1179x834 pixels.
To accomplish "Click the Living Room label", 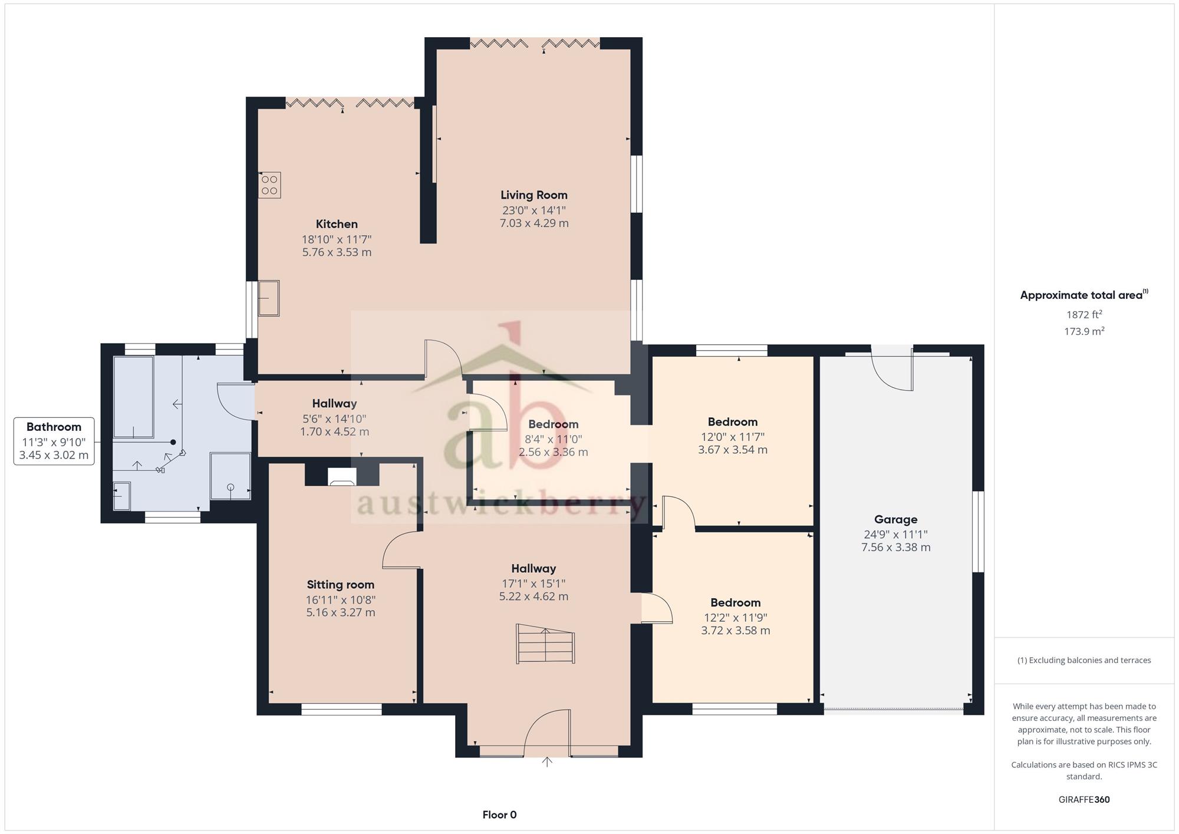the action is pos(534,195).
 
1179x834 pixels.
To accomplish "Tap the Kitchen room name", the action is pos(337,224).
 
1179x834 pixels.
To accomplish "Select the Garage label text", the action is pos(895,519).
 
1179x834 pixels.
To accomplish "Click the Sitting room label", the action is pos(340,585).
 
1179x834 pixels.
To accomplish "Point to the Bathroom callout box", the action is pos(54,441).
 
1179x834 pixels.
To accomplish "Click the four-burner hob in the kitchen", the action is pos(269,185).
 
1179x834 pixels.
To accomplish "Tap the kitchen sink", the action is pos(268,298).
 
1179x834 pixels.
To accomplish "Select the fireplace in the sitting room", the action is pos(342,477).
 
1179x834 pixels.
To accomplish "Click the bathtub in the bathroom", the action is pos(134,397).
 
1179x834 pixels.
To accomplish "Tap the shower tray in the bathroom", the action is pos(230,476).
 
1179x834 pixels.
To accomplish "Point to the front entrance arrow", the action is pos(547,762).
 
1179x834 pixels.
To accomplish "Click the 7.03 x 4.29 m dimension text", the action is pos(534,223).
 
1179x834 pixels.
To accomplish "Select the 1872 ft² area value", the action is pos(1084,315).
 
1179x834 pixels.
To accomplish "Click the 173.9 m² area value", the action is pos(1084,331).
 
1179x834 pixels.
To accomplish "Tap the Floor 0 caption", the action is pos(499,815).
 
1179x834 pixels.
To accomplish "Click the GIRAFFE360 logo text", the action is pos(1084,800).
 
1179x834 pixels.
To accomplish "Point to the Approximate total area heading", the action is pos(1084,295).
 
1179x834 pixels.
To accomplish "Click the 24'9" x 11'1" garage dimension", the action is pos(895,535).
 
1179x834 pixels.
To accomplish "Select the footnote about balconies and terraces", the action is pos(1084,660).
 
